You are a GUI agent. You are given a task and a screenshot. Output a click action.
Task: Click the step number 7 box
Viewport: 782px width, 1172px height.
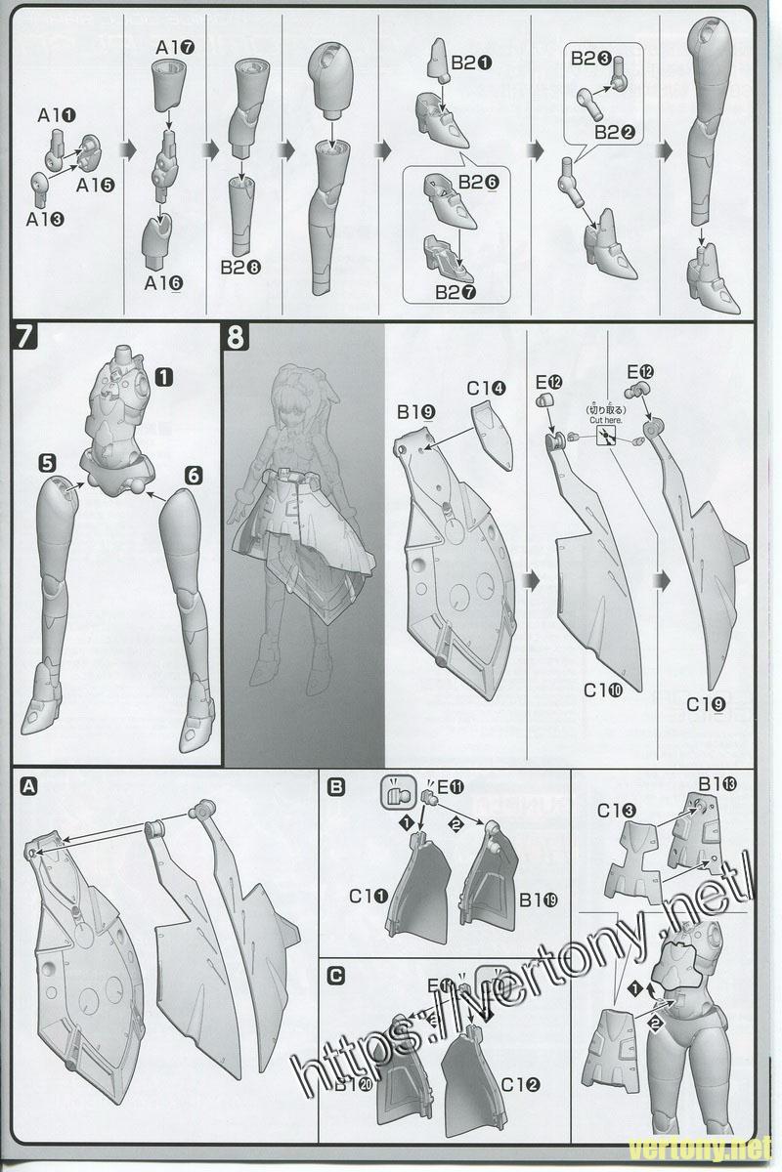tap(25, 337)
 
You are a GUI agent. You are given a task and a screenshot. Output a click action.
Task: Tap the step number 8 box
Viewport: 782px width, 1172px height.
tap(237, 337)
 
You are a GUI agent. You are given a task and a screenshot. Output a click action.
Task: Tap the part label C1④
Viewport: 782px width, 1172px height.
tap(486, 388)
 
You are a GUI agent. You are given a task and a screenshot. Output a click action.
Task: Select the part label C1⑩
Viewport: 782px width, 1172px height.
tap(603, 690)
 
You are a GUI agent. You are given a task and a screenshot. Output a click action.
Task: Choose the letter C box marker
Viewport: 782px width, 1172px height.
tap(337, 975)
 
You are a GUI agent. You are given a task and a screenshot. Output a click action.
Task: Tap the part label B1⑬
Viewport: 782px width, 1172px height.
tap(717, 782)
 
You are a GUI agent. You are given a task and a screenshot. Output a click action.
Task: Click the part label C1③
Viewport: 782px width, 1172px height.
tap(617, 810)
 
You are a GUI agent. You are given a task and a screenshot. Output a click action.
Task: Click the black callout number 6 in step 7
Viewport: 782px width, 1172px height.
tap(193, 475)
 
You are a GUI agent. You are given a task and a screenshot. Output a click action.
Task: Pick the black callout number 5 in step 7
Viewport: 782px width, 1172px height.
tap(47, 460)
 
